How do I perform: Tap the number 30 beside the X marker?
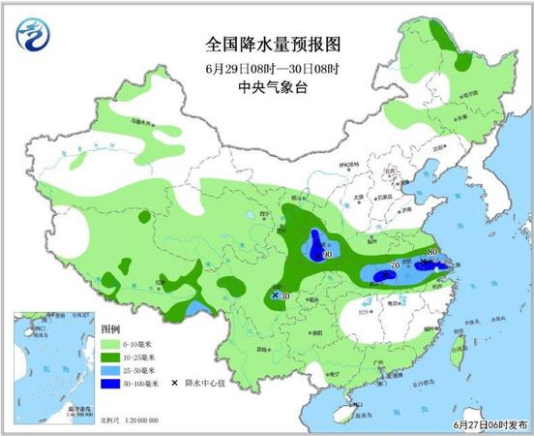point(286,296)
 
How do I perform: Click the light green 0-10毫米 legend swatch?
point(109,344)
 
